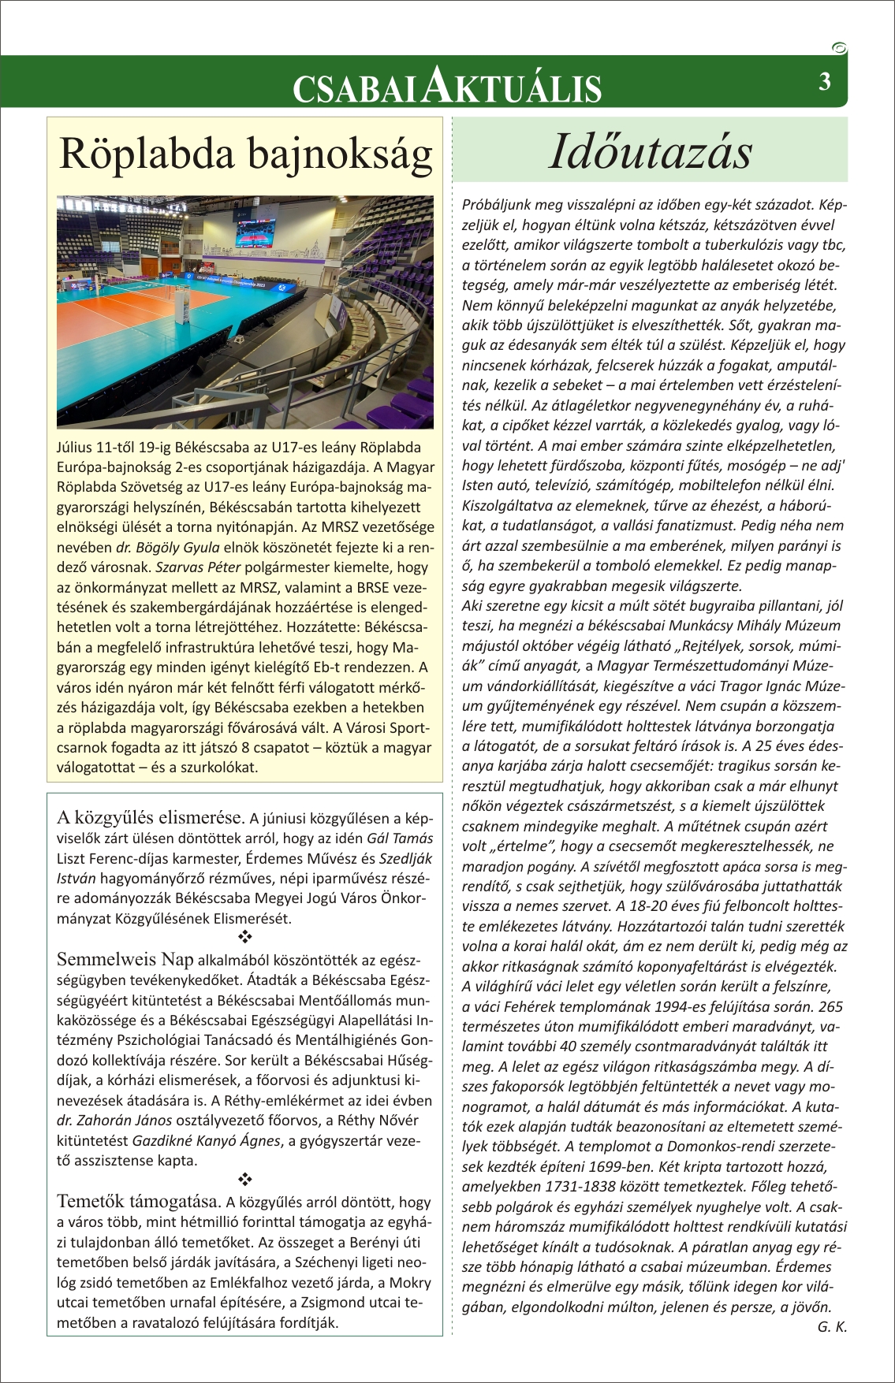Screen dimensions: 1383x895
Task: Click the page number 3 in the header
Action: [825, 82]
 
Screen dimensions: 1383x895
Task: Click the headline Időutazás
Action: [650, 151]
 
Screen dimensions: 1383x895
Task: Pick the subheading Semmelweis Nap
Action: [125, 959]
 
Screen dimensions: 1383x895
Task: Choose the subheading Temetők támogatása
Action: [138, 1201]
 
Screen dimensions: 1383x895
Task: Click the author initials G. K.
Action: [832, 1326]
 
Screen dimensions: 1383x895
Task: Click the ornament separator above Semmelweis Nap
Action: [244, 938]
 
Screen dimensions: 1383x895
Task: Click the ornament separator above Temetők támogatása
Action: [244, 1180]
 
